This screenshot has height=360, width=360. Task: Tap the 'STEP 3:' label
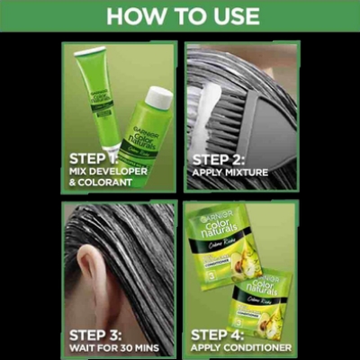point(96,332)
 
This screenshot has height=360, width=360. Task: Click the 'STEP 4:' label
point(220,332)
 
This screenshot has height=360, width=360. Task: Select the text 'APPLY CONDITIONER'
point(240,346)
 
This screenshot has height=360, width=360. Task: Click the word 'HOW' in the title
point(132,15)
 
